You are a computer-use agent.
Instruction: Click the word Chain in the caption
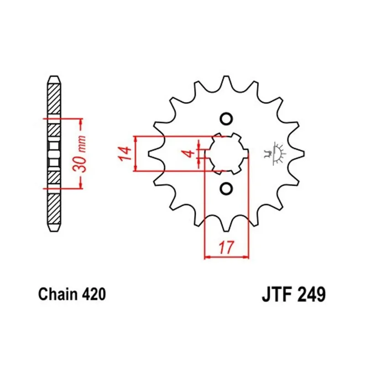click(x=57, y=294)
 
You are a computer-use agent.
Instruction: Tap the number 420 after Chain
click(x=94, y=294)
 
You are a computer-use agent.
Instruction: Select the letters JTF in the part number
click(x=276, y=295)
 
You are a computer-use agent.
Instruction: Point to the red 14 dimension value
click(x=124, y=154)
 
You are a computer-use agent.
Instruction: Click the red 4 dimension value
click(x=190, y=154)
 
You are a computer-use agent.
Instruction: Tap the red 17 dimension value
click(x=226, y=247)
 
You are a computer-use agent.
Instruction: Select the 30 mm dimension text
click(x=79, y=154)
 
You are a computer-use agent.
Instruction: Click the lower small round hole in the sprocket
click(x=226, y=188)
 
